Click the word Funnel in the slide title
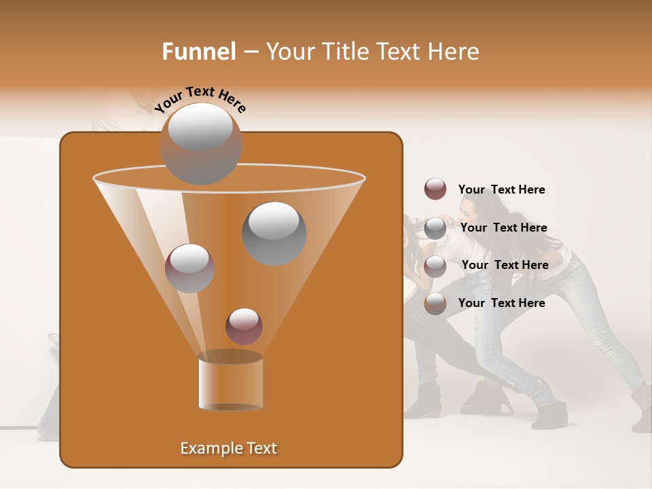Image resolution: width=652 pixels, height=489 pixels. pos(199,52)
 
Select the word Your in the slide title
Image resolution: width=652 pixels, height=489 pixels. pos(289,52)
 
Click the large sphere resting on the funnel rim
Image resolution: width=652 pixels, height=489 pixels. pos(200,144)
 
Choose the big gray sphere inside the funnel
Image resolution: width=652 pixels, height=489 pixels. pos(274,234)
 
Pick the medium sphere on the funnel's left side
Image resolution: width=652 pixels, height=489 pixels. pos(189,268)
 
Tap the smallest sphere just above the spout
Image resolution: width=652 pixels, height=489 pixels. pos(244,327)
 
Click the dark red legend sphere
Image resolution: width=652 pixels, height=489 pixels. pos(435,189)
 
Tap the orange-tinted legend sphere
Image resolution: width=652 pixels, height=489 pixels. pos(435,304)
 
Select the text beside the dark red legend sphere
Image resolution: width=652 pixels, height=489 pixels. pos(501,189)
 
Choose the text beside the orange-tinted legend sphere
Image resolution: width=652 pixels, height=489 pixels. pos(501,303)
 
